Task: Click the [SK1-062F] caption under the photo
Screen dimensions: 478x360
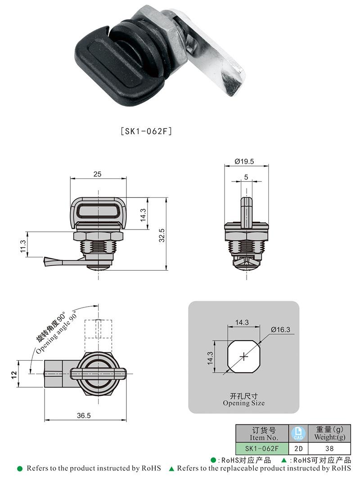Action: [x=146, y=131]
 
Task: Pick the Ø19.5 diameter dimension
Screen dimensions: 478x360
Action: [x=244, y=161]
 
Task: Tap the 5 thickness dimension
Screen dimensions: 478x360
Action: [x=246, y=177]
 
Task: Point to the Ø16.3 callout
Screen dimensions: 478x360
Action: [x=280, y=329]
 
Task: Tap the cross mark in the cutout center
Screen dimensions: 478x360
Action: [x=243, y=356]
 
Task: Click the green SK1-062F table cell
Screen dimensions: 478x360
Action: [x=262, y=449]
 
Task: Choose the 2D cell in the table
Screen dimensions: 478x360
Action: [x=298, y=449]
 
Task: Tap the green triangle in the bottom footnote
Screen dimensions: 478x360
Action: [x=171, y=469]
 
